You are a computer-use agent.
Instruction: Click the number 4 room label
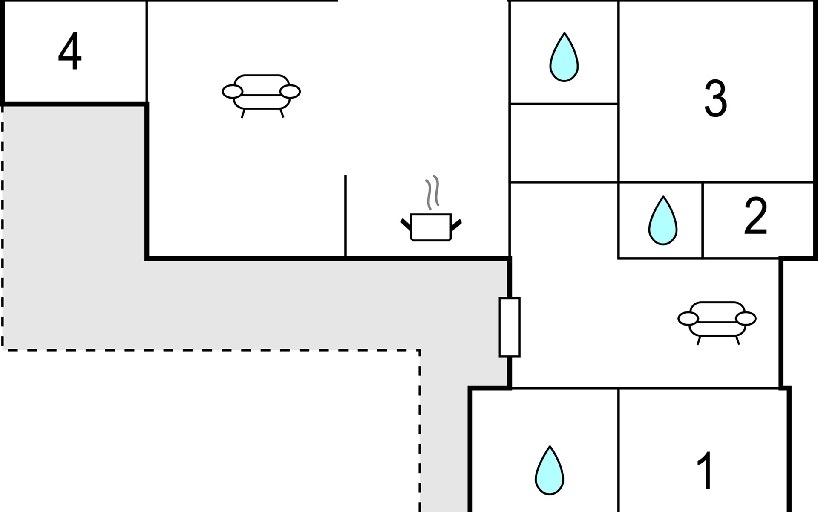(70, 51)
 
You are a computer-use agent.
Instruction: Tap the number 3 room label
(715, 99)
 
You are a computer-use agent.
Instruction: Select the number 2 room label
(755, 216)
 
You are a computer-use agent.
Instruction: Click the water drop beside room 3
(564, 57)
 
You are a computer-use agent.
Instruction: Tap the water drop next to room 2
(663, 221)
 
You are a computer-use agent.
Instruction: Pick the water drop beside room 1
(550, 471)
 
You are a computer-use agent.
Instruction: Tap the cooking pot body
(431, 227)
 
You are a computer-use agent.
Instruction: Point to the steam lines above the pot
(432, 192)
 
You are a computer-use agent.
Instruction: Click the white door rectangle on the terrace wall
(510, 327)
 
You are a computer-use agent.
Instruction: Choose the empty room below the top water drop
(564, 143)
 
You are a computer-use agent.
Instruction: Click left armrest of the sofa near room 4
(233, 91)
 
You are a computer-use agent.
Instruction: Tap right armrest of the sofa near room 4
(290, 91)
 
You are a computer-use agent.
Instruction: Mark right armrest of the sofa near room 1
(746, 318)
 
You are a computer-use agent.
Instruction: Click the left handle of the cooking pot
(406, 224)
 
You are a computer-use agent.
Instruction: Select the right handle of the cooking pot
(456, 224)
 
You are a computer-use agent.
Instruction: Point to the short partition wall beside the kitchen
(346, 215)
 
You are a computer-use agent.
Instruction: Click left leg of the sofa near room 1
(699, 340)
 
